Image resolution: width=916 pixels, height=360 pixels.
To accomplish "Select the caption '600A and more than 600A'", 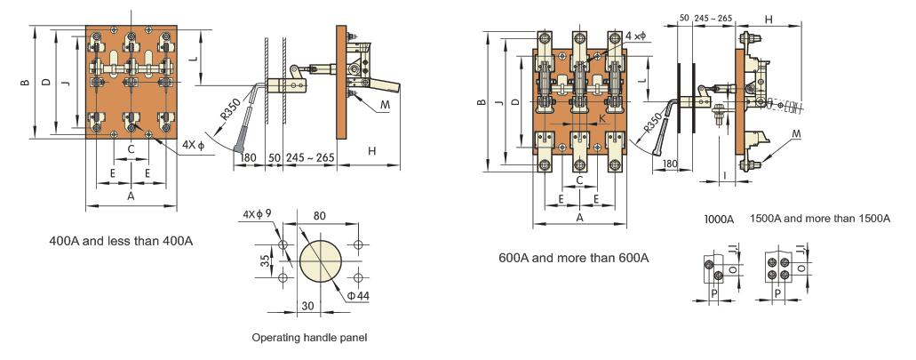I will (x=573, y=258).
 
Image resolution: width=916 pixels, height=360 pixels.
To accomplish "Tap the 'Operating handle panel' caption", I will (x=309, y=337).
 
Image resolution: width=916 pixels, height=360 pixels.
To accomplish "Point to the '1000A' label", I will (x=719, y=219).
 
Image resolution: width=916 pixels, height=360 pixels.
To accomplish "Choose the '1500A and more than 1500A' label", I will (x=819, y=219).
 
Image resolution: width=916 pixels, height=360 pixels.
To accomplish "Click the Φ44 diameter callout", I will (x=358, y=295).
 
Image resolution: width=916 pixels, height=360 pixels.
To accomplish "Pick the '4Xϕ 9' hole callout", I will (x=259, y=215).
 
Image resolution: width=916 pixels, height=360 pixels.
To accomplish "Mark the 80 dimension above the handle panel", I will (x=319, y=215).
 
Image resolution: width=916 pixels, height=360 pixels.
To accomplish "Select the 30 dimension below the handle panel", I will (x=307, y=305).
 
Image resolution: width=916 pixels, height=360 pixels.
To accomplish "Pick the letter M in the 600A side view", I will (x=796, y=133).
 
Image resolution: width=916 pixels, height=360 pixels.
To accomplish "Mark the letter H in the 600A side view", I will (x=769, y=19).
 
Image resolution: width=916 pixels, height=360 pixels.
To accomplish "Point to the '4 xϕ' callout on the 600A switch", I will (x=635, y=36).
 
